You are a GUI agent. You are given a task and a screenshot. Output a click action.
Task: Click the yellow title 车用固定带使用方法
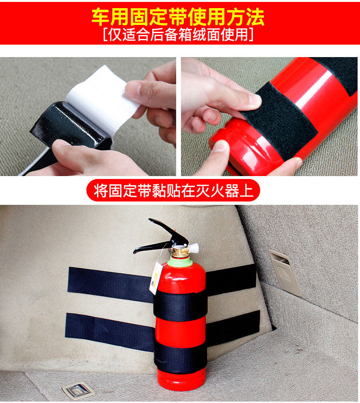pos(178,17)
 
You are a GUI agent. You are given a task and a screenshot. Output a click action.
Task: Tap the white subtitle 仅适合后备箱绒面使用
pos(178,35)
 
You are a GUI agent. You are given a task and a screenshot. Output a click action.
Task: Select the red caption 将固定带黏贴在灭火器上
pos(173,190)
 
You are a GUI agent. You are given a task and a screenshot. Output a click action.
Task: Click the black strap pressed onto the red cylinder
pos(279,121)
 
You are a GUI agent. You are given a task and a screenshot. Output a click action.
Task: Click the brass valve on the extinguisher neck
pos(180,251)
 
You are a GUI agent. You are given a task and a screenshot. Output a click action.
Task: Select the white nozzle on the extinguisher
pos(193,248)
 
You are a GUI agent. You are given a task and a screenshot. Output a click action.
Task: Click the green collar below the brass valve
pos(180,261)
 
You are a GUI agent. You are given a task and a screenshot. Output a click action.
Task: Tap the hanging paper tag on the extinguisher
pos(156,278)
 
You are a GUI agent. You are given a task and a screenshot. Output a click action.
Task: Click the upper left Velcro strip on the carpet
pos(110,284)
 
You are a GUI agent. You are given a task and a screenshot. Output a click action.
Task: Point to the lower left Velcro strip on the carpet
pos(110,332)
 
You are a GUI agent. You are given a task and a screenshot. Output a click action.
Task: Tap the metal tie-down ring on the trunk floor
pos(78,390)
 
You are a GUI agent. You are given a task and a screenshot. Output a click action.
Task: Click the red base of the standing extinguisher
pos(181,382)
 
